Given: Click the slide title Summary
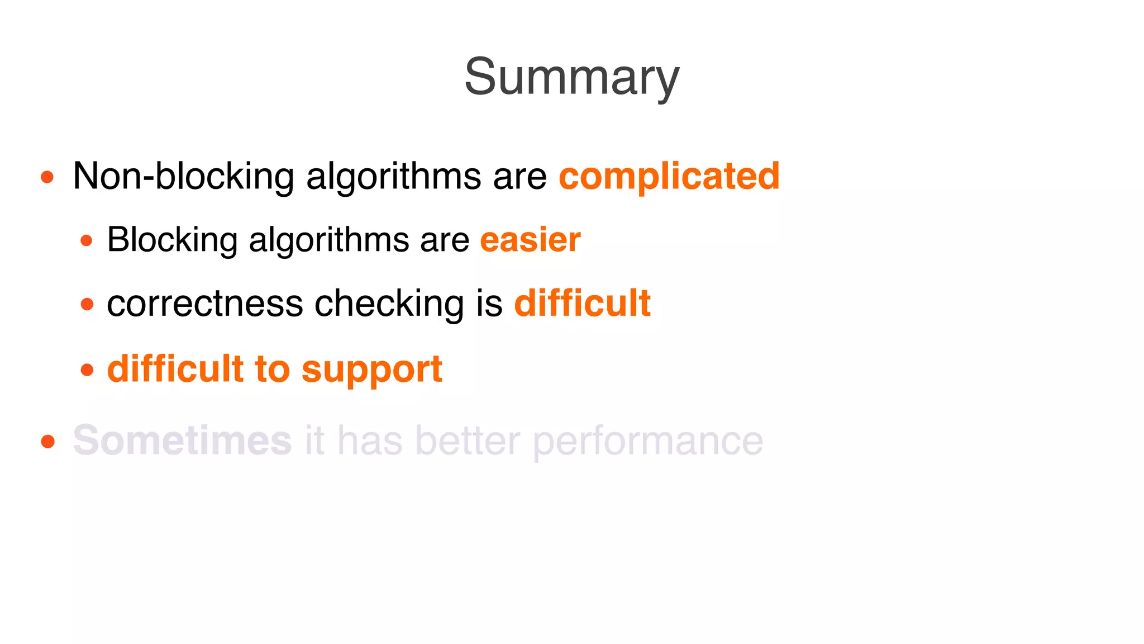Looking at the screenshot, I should (x=571, y=77).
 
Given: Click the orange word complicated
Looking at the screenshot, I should (x=669, y=176).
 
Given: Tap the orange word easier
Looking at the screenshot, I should (x=530, y=240).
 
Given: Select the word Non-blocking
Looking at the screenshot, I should (x=183, y=176).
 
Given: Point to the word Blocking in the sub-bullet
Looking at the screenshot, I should (x=172, y=240).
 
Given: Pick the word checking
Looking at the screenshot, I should (x=389, y=305).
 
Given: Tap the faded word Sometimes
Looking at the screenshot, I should (x=182, y=441).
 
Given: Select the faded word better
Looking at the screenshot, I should (x=468, y=441).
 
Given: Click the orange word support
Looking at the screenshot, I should (x=372, y=370).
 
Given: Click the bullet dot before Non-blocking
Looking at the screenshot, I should (x=47, y=177).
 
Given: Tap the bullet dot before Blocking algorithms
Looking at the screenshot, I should (x=87, y=241).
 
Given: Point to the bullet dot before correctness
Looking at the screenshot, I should (x=87, y=305).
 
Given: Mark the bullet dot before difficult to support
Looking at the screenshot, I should (x=87, y=370).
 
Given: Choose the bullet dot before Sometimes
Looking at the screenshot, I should (x=47, y=442).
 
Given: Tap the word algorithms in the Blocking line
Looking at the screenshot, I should (x=328, y=241).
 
